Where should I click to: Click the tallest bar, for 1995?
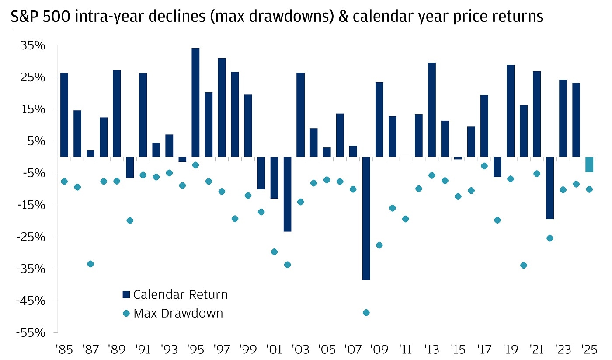click(x=195, y=102)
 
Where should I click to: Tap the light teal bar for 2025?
click(x=589, y=164)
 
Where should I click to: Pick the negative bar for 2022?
click(x=550, y=188)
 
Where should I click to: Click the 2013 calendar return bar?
click(x=432, y=109)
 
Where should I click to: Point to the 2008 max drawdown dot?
click(x=366, y=312)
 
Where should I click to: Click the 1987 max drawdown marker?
click(x=90, y=264)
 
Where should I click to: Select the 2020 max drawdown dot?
click(x=524, y=265)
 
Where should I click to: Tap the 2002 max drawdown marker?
click(x=287, y=265)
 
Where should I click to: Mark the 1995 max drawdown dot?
click(x=195, y=165)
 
